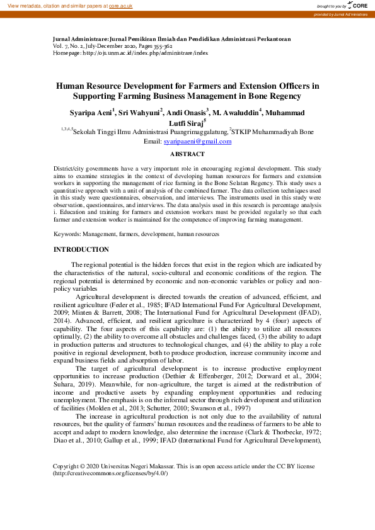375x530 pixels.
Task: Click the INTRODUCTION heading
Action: click(81, 250)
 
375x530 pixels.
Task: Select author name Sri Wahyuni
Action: click(140, 113)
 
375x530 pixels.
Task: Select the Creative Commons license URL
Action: click(110, 473)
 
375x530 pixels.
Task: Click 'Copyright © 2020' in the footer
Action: click(76, 466)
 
